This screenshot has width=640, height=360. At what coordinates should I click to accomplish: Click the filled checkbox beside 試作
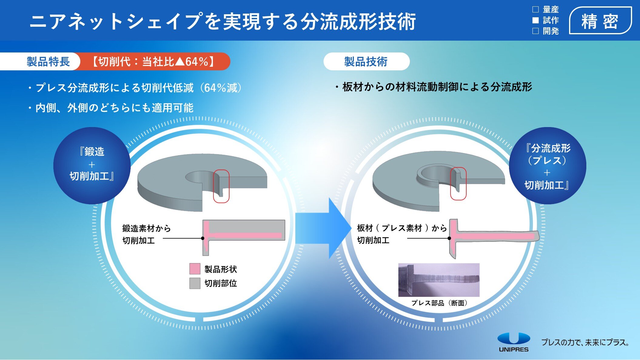tap(535, 20)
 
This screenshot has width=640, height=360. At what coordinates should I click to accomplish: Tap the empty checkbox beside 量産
tap(535, 10)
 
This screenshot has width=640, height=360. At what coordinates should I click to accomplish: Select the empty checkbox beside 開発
tap(535, 31)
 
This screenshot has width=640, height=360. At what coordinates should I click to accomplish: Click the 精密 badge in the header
tap(600, 21)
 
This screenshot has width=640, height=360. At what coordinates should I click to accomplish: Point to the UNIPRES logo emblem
tap(514, 338)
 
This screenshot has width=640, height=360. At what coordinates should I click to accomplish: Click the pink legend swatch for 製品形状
tap(195, 269)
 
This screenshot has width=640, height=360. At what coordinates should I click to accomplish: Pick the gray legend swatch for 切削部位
tap(195, 283)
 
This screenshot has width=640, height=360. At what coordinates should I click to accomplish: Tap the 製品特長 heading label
tap(48, 62)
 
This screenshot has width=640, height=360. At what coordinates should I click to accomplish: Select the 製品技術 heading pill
tap(367, 62)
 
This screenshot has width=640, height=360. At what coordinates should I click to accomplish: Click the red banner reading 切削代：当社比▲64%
tap(153, 62)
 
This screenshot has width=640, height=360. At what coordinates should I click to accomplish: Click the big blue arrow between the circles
tap(323, 228)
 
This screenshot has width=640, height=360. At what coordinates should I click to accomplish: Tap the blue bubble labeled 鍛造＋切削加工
tap(92, 166)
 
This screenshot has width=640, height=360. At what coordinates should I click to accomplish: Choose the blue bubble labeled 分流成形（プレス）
tap(548, 166)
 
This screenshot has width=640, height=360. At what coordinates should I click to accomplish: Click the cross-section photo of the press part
tap(439, 280)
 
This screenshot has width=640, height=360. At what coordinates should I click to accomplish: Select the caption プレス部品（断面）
tap(439, 303)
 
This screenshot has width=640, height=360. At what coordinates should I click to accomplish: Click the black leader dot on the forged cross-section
tap(203, 238)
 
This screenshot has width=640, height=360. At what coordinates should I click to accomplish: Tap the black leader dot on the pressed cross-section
tap(449, 238)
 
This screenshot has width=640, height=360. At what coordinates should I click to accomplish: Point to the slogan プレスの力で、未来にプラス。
tap(585, 342)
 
